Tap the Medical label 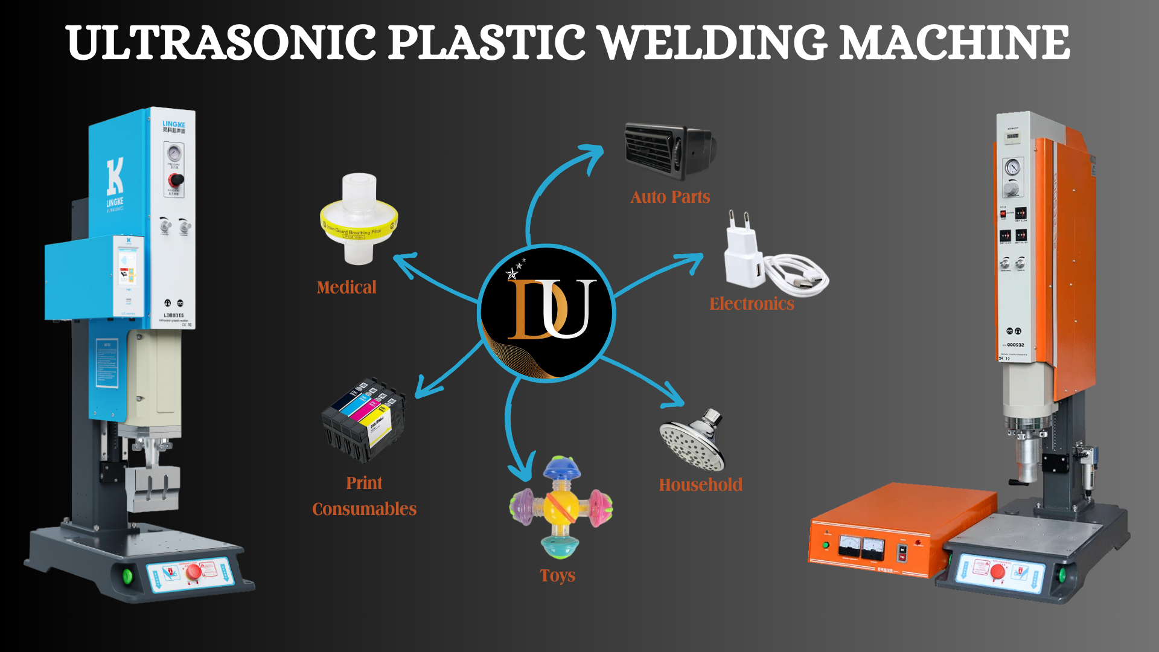point(346,287)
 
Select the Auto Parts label point(670,197)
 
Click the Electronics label point(752,304)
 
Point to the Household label point(700,485)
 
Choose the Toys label point(557,575)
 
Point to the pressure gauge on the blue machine point(174,153)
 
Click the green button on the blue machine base point(127,575)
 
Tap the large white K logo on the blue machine point(115,176)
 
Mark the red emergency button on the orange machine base point(998,570)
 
